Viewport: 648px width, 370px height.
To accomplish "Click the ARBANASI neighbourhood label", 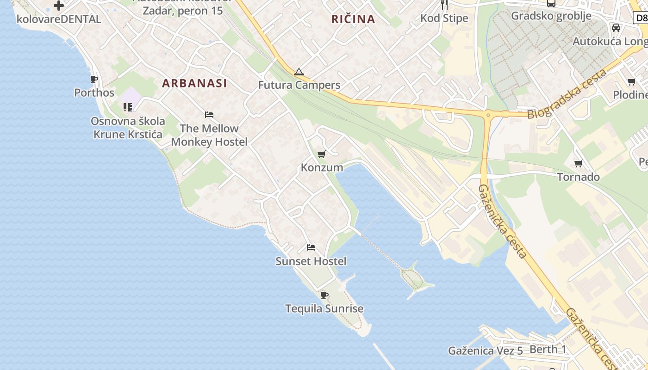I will click(x=194, y=83).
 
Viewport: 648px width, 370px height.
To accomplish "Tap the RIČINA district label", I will click(x=353, y=19).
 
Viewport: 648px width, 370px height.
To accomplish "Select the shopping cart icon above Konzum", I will click(x=321, y=154).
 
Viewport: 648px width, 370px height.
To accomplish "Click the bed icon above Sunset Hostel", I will click(x=311, y=247).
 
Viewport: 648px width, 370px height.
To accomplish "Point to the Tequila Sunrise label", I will click(x=324, y=308).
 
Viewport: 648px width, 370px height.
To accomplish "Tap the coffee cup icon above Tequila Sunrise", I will click(x=324, y=295).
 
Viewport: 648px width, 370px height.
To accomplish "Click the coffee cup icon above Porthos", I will click(x=94, y=80).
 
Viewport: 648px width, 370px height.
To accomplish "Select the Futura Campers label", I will click(x=299, y=85).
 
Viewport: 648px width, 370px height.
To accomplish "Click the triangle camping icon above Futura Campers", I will click(x=299, y=72).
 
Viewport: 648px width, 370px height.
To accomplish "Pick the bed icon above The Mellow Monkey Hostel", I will click(x=209, y=115).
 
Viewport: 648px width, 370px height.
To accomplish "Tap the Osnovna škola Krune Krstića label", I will click(x=128, y=128).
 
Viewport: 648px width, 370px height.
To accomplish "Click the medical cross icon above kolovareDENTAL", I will click(x=59, y=6).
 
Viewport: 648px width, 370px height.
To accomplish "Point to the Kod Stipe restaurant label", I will click(x=444, y=18).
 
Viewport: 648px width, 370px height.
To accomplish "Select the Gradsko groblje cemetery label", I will click(x=551, y=16).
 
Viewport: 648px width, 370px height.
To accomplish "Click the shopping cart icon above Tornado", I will click(x=578, y=163).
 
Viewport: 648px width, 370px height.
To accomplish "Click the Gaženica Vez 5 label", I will click(x=485, y=351).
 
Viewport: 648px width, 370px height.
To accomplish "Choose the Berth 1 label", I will click(x=548, y=349).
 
